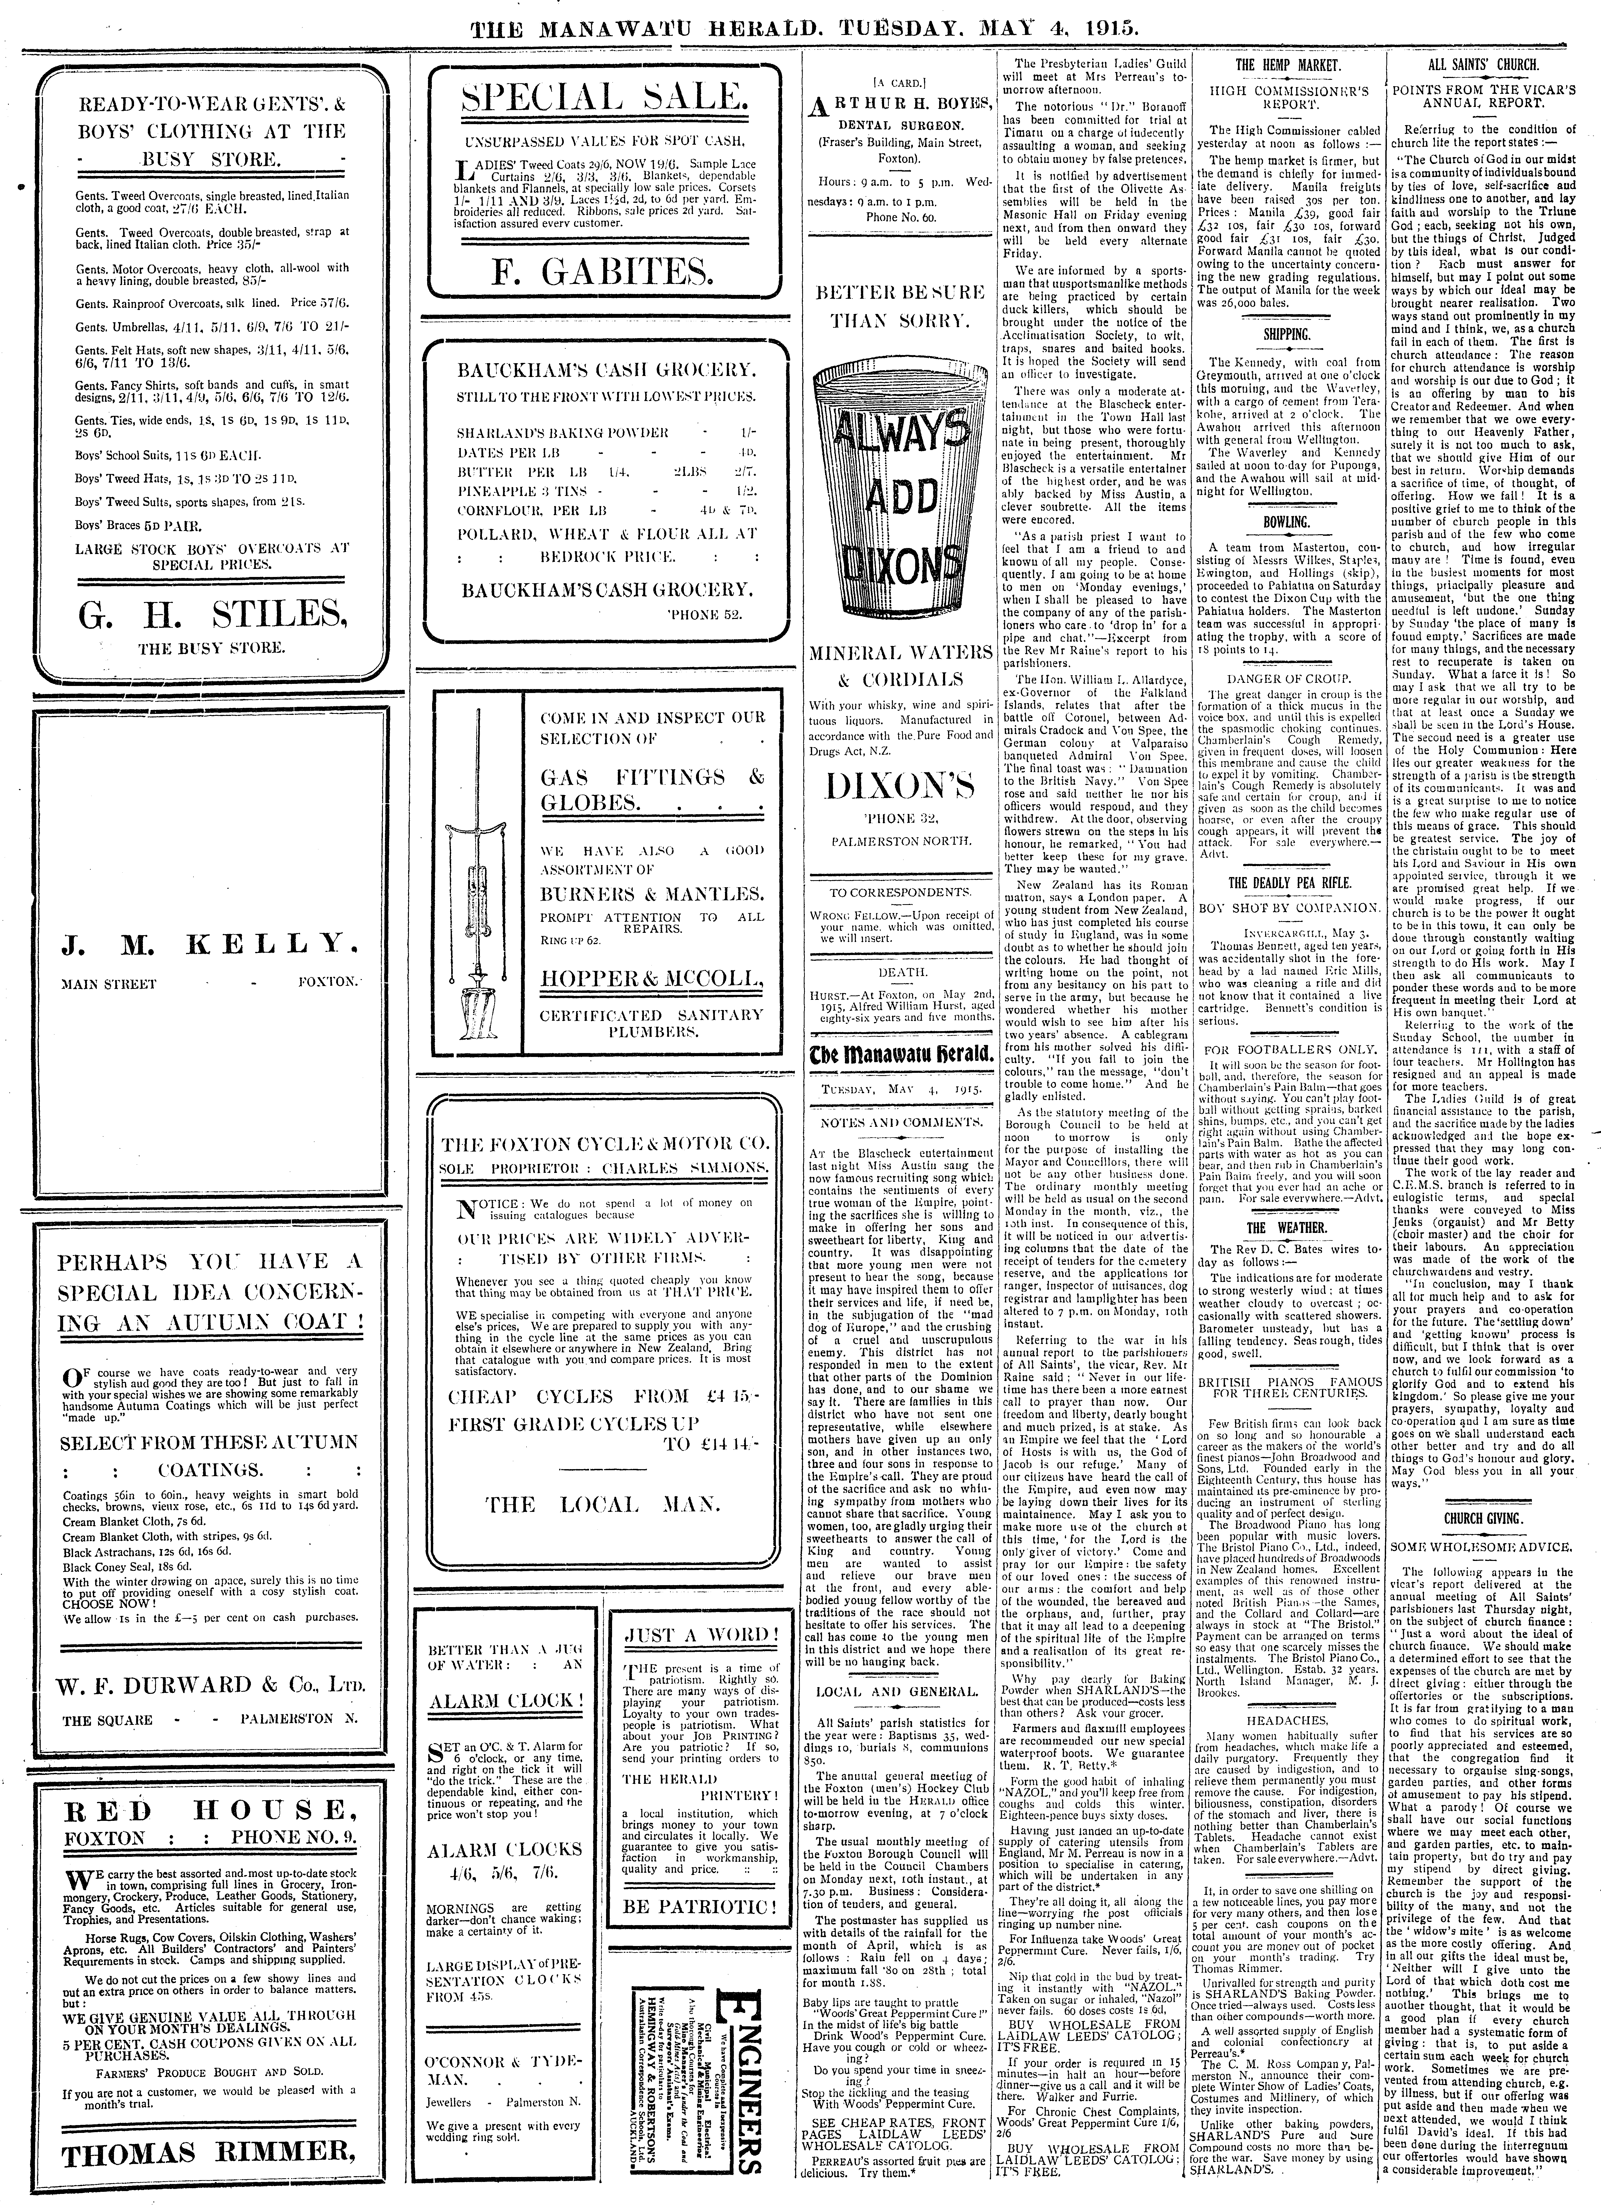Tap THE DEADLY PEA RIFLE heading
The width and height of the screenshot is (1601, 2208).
point(1288,883)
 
